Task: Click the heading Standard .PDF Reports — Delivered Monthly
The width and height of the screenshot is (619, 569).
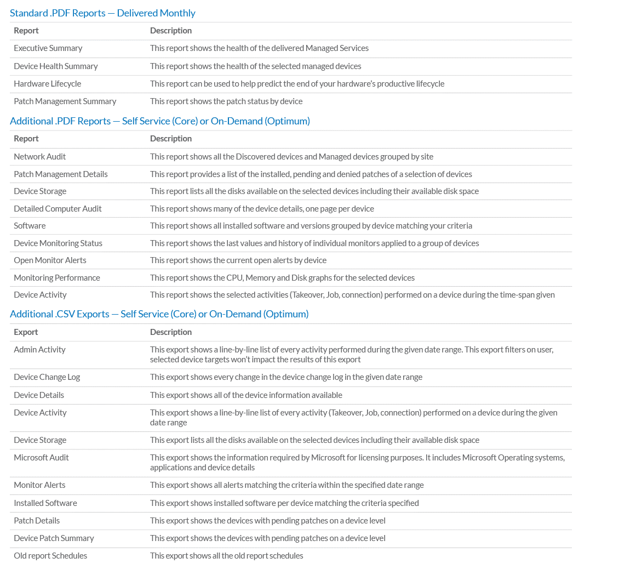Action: (102, 13)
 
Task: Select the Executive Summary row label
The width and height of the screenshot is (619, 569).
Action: (48, 48)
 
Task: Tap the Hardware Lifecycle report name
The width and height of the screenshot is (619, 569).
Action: (48, 84)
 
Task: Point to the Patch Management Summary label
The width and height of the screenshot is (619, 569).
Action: (65, 101)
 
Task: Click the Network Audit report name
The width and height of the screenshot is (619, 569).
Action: (40, 157)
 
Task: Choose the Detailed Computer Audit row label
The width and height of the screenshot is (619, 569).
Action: (58, 209)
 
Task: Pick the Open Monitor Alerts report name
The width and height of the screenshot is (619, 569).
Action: (50, 260)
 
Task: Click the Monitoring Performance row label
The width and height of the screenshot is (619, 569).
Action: (57, 278)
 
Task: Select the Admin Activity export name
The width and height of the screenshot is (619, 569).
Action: (39, 350)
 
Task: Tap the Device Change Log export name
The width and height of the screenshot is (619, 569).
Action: (47, 377)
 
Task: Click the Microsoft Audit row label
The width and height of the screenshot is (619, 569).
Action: (42, 458)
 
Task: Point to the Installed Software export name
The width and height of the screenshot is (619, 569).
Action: (45, 503)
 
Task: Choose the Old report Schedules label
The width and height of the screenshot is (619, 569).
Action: (50, 556)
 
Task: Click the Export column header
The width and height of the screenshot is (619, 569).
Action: (26, 332)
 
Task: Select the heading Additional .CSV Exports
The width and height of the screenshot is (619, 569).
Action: (159, 314)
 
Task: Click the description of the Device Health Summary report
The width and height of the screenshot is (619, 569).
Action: (256, 66)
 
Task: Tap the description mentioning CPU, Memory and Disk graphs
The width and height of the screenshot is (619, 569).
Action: (282, 278)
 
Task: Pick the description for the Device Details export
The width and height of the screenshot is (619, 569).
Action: (246, 395)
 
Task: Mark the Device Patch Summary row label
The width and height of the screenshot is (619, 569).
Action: (54, 538)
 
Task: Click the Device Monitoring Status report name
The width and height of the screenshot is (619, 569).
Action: (58, 243)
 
